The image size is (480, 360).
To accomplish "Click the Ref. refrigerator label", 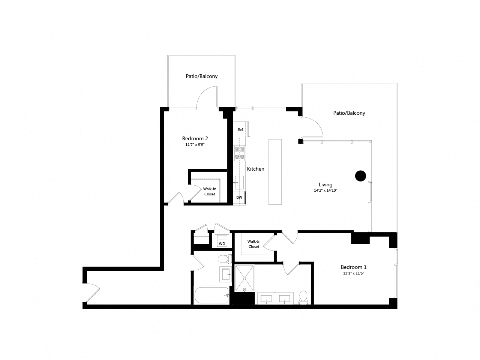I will [x=240, y=130].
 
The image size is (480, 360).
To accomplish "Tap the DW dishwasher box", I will [x=239, y=198].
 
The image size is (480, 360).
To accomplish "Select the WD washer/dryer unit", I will [x=222, y=243].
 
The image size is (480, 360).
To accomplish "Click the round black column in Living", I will [x=360, y=176].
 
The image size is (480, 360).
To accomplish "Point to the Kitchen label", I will [x=255, y=169].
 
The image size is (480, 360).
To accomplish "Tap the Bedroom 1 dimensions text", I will [x=353, y=273].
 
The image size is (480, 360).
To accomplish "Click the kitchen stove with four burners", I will [x=239, y=153].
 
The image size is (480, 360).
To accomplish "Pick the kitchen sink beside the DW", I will [x=239, y=183].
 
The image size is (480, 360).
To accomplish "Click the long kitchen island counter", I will [x=275, y=171].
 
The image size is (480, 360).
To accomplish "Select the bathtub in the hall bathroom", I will [x=211, y=295].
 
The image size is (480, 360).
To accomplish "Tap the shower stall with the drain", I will [x=244, y=278].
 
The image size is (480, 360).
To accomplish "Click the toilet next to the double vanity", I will [x=303, y=297].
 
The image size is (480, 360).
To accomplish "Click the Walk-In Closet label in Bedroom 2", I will [x=210, y=192].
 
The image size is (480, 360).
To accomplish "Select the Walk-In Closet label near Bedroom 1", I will [x=254, y=244].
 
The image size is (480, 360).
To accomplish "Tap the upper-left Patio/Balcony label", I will [x=201, y=76].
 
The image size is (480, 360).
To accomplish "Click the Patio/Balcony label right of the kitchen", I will [x=349, y=113].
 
